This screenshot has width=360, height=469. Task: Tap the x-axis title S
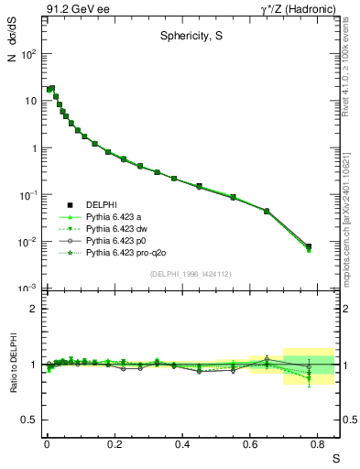coord(333,458)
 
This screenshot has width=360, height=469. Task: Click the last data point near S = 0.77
coord(309,246)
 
